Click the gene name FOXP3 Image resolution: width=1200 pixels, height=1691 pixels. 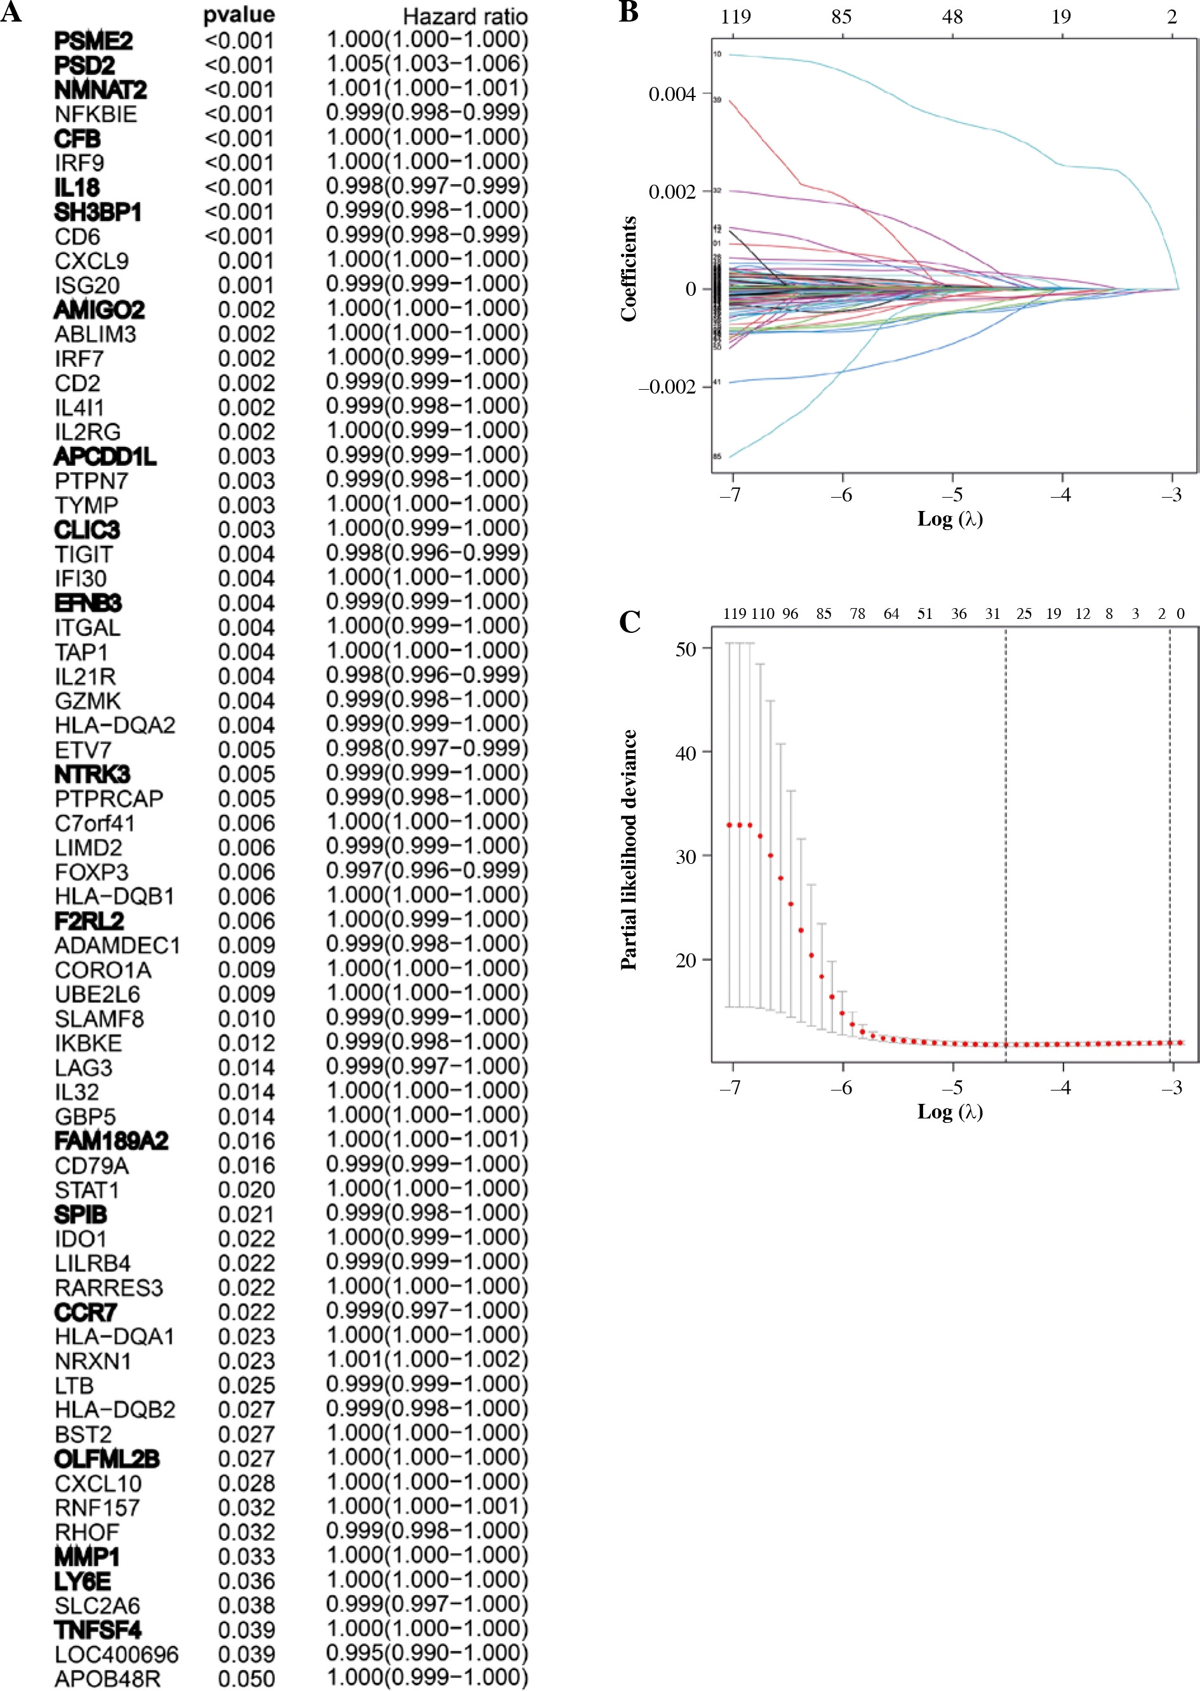[91, 872]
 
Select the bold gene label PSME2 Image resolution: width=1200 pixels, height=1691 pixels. [94, 41]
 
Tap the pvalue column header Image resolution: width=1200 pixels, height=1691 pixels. [239, 15]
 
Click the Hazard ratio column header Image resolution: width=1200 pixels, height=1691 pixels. [465, 17]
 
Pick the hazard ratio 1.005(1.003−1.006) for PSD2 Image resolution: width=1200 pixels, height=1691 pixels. [427, 64]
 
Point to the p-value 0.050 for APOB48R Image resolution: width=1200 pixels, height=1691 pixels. [246, 1678]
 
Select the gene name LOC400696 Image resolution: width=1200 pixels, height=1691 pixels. [117, 1654]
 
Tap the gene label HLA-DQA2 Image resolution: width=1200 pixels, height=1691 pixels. [116, 726]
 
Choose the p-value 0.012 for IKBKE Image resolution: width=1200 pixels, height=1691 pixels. [246, 1043]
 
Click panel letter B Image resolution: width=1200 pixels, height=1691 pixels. [628, 13]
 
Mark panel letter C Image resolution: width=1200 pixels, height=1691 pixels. [630, 622]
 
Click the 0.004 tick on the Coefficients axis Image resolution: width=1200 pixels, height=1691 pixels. [672, 95]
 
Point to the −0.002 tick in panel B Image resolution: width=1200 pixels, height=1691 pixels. [667, 387]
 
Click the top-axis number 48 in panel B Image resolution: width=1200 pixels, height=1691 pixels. [952, 17]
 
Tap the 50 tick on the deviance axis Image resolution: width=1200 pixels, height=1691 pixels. [686, 649]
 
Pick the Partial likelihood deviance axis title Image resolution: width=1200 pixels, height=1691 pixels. [628, 849]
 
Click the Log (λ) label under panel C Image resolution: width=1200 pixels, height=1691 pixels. [950, 1112]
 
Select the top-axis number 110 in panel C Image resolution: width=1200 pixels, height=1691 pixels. [763, 614]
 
